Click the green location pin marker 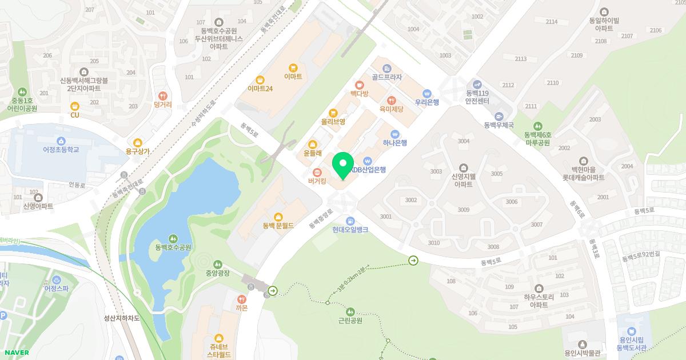coord(342,165)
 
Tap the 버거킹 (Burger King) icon coord(317,172)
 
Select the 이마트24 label coord(260,89)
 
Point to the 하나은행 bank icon coord(394,134)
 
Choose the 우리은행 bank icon coord(426,94)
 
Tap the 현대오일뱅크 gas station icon coord(350,221)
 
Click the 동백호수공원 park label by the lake coord(173,247)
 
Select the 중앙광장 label coord(217,273)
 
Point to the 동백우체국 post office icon coord(499,116)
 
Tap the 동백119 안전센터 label coord(477,97)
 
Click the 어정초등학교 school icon coord(61,141)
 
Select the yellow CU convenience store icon coord(74,106)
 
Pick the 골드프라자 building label coord(386,77)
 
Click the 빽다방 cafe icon coord(359,85)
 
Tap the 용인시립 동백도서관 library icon coord(631,331)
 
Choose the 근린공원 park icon coord(350,311)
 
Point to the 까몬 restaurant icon coord(241,299)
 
